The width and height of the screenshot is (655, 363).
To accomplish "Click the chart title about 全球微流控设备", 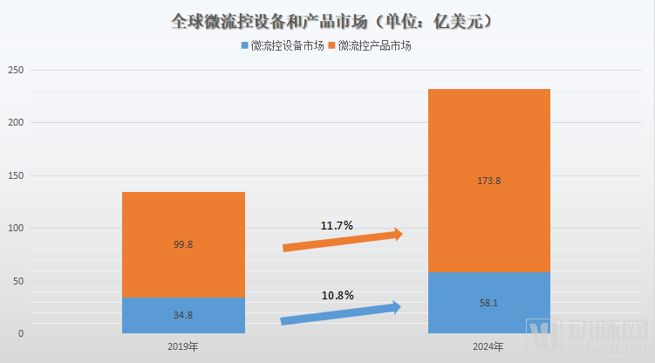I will (x=326, y=19).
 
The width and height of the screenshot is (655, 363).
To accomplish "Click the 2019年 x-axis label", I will (x=183, y=346).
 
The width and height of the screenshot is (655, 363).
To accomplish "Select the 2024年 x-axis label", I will (x=488, y=346).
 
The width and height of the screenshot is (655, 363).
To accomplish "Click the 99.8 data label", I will (x=183, y=245).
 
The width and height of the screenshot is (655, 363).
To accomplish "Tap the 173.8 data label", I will (x=488, y=181).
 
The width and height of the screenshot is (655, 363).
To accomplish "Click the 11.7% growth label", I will (x=337, y=226).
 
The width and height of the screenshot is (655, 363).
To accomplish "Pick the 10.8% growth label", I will (x=337, y=296).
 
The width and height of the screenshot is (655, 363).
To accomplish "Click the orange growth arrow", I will (x=342, y=242).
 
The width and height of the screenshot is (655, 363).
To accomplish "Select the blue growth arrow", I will (x=340, y=313).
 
